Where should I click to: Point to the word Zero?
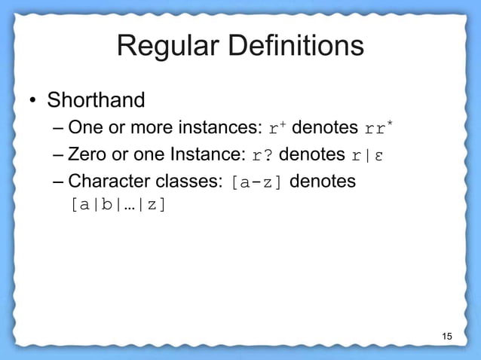[x=85, y=155]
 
